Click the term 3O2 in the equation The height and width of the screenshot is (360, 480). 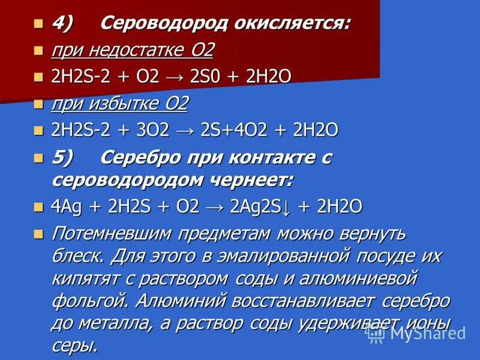click(155, 130)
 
